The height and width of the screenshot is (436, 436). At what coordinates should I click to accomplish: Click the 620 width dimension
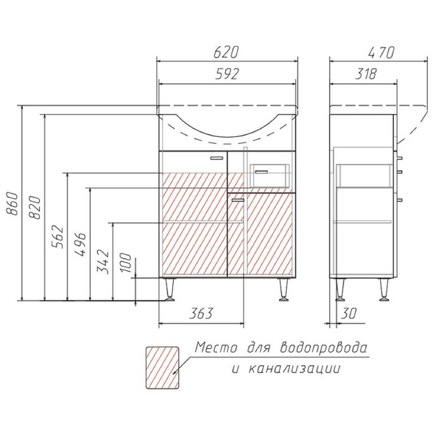(226, 52)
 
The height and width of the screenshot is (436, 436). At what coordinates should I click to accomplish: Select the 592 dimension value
(227, 74)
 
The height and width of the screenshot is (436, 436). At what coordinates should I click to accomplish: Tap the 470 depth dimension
(381, 52)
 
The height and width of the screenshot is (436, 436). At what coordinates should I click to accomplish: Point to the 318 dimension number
(366, 74)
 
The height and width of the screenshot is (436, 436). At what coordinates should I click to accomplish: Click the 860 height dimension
(12, 203)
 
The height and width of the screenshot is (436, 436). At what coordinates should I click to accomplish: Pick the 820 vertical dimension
(34, 207)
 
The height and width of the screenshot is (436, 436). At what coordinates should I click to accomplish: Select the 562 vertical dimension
(57, 237)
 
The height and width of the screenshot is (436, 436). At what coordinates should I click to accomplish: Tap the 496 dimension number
(80, 244)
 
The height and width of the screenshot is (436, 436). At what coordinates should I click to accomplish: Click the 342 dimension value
(103, 262)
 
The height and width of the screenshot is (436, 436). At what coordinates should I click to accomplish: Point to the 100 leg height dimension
(126, 263)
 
